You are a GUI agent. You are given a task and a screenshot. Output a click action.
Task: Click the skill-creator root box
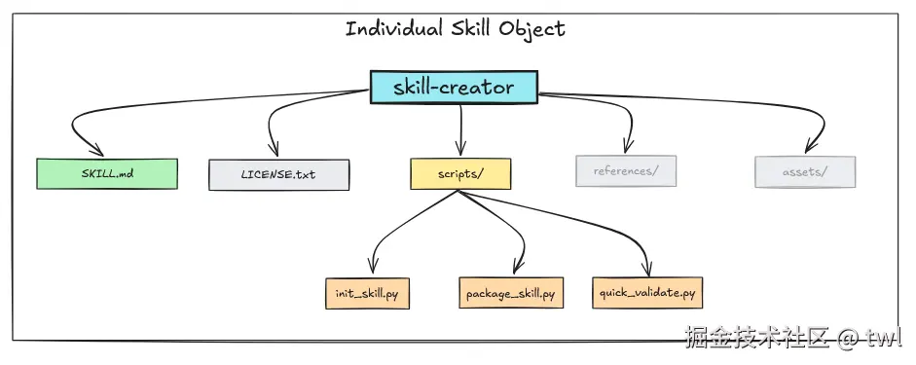(x=454, y=88)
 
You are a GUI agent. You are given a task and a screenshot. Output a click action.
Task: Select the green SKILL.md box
(x=107, y=173)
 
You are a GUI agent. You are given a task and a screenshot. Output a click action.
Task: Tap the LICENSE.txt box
(x=278, y=174)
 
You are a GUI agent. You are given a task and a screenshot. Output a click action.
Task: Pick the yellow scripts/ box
(x=460, y=172)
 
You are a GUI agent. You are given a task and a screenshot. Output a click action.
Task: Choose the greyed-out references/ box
(x=625, y=171)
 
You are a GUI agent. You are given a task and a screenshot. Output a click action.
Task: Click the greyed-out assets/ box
(x=805, y=171)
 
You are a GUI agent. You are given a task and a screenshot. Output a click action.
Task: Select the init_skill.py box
(x=367, y=293)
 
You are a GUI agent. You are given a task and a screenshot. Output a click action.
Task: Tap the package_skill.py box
(x=510, y=293)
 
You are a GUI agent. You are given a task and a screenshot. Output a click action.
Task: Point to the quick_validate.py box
(x=647, y=293)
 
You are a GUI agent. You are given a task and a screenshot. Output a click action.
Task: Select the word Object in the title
(x=533, y=28)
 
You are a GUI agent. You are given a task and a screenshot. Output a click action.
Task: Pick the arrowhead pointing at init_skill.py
(x=371, y=271)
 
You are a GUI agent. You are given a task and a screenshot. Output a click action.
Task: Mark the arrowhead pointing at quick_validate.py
(x=648, y=272)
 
